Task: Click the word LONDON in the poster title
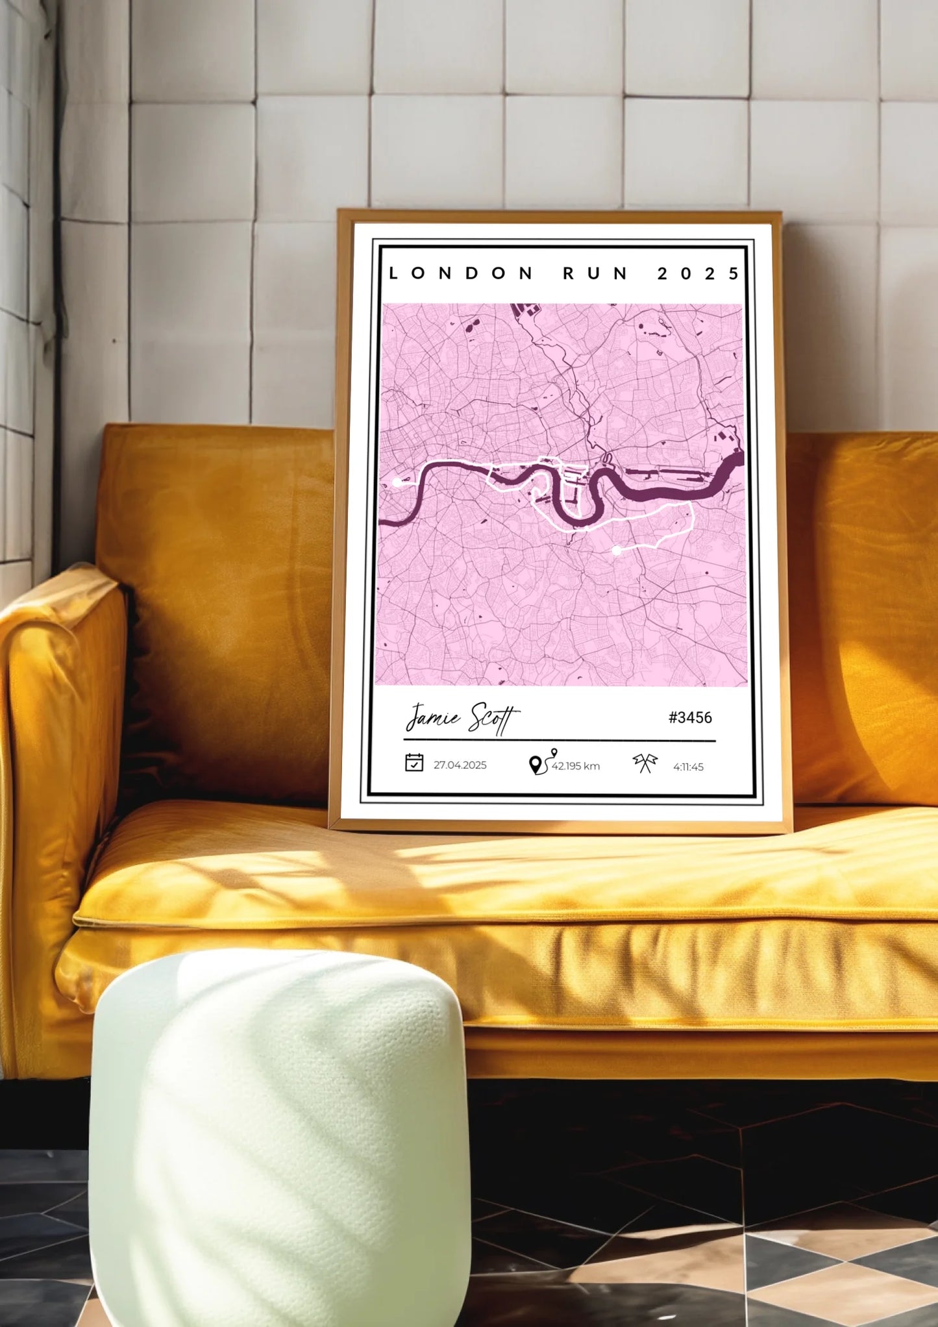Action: (x=461, y=274)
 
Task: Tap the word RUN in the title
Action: (x=595, y=274)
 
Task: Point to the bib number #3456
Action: (x=690, y=717)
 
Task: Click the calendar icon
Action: (x=414, y=763)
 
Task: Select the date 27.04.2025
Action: (x=460, y=765)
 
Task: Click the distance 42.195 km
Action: (x=576, y=767)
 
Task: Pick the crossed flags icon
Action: (x=645, y=763)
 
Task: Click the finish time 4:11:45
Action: (x=688, y=767)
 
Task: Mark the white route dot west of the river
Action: (x=397, y=482)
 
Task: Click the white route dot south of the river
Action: (x=617, y=551)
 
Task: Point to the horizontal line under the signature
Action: (x=558, y=740)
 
